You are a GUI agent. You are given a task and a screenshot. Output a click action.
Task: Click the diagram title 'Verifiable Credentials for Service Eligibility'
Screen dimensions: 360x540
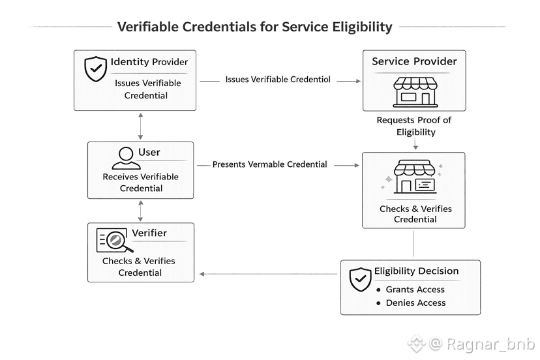[254, 27]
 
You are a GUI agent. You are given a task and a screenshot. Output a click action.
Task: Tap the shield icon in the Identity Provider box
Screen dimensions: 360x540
[96, 68]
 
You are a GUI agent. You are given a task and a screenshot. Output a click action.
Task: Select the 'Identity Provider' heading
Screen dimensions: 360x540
[149, 62]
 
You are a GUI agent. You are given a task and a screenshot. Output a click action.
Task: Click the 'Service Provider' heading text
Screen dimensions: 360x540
[414, 61]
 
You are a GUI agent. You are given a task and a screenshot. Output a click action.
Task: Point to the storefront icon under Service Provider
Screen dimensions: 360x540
[413, 91]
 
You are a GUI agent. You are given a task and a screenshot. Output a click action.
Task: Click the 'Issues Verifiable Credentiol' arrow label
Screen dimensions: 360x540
[278, 80]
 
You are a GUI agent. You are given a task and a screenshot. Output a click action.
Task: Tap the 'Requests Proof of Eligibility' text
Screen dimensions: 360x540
[414, 126]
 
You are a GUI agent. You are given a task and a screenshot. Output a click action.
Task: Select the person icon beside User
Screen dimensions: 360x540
[126, 157]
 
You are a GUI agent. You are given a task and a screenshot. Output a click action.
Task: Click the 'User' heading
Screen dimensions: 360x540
[149, 152]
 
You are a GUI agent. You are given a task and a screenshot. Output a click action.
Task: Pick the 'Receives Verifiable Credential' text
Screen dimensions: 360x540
[141, 183]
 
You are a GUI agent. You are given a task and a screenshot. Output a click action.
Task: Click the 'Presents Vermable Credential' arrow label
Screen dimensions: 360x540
[269, 164]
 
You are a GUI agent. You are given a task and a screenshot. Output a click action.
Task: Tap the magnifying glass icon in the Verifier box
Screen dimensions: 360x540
[115, 240]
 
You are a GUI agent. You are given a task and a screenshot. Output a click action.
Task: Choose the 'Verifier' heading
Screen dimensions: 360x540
[149, 233]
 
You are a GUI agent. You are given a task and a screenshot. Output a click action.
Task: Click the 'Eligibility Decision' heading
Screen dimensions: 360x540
[416, 271]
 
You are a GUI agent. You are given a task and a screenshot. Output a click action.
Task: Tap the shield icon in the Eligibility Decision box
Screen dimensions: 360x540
[361, 278]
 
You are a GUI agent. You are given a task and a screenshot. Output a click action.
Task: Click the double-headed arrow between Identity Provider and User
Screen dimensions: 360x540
[141, 126]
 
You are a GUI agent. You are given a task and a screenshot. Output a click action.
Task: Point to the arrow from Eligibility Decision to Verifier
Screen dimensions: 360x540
[267, 274]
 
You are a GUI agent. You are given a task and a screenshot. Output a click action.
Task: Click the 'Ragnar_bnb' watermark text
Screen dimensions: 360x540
[483, 344]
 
